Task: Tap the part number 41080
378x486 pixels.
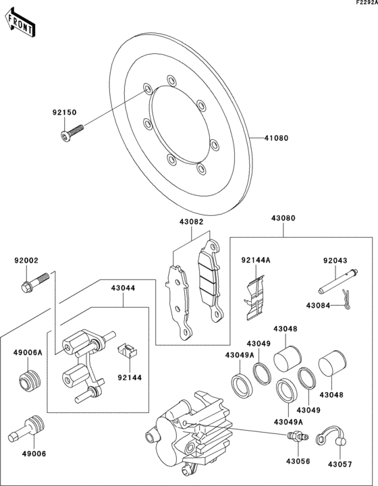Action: pyautogui.click(x=276, y=138)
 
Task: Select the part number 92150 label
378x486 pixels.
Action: pyautogui.click(x=65, y=113)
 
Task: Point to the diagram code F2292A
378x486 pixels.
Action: pyautogui.click(x=362, y=4)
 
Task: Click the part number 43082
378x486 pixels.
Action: pyautogui.click(x=191, y=221)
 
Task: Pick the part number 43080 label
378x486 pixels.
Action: pyautogui.click(x=283, y=219)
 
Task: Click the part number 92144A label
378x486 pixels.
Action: pyautogui.click(x=256, y=260)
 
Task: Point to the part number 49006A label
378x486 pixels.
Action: pyautogui.click(x=28, y=352)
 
